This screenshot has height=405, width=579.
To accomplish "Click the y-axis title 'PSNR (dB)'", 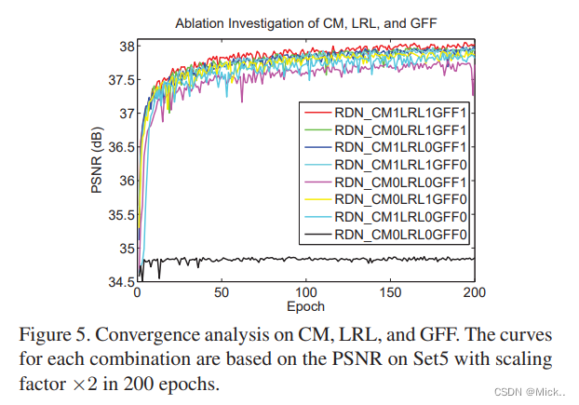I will tap(96, 164).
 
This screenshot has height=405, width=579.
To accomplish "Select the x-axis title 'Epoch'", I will tap(305, 304).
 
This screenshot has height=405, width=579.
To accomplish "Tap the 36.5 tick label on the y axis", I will tap(119, 147).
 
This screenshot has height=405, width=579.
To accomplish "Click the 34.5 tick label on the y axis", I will tap(119, 281).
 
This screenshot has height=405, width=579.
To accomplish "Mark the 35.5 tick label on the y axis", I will tap(119, 214).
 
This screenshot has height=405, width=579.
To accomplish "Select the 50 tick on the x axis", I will tap(222, 292).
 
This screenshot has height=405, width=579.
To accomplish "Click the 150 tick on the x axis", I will tap(390, 292).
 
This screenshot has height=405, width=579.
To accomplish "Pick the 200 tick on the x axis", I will tap(474, 292).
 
